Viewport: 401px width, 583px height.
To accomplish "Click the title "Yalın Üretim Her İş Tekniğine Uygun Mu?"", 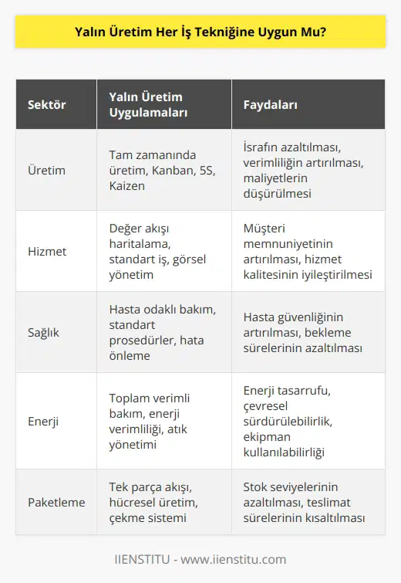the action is [x=200, y=32].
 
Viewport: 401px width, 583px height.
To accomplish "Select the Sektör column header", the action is [x=47, y=103].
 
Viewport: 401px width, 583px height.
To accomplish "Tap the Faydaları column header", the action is [x=271, y=103].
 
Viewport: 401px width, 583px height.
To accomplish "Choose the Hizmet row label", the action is [x=47, y=251].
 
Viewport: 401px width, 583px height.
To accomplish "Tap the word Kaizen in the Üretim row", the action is [x=126, y=186].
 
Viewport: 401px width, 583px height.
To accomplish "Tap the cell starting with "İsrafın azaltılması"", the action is [x=305, y=170].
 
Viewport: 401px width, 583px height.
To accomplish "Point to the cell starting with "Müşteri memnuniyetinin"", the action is [x=305, y=251].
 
